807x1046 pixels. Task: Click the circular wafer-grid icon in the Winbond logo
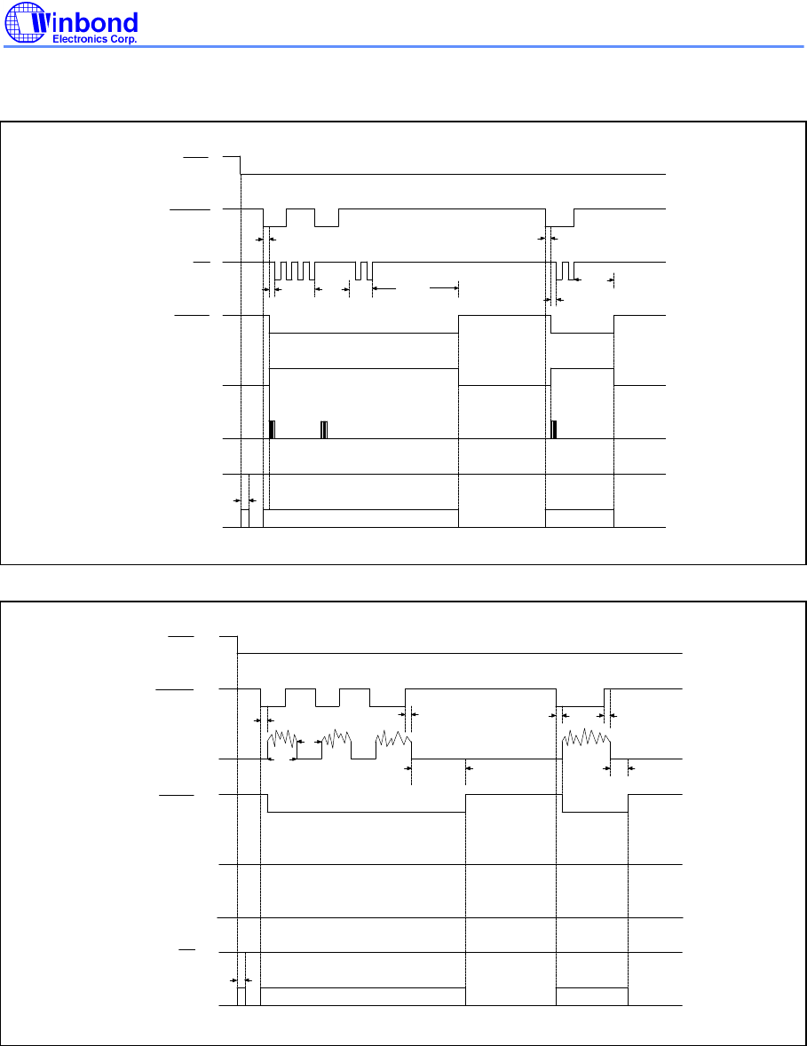click(x=26, y=22)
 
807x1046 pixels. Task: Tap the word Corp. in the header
click(x=123, y=39)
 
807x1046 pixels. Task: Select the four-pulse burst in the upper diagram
click(x=295, y=271)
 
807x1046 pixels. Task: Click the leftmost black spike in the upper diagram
click(x=272, y=429)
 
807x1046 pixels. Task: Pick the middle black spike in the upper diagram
click(x=324, y=429)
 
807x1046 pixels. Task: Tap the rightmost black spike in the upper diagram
click(x=554, y=429)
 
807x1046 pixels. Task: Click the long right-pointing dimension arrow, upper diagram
click(x=445, y=288)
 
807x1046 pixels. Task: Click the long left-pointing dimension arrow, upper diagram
click(x=384, y=288)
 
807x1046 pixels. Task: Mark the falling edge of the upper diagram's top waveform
click(x=241, y=165)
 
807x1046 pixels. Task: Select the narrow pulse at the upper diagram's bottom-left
click(x=245, y=518)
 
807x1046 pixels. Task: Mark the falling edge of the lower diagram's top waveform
click(x=238, y=645)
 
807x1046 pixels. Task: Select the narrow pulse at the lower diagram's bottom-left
click(x=241, y=996)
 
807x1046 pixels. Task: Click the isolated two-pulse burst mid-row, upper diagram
click(x=364, y=271)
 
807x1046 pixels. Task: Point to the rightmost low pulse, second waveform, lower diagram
click(x=581, y=698)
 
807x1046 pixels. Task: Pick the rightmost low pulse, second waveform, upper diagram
click(x=560, y=218)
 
